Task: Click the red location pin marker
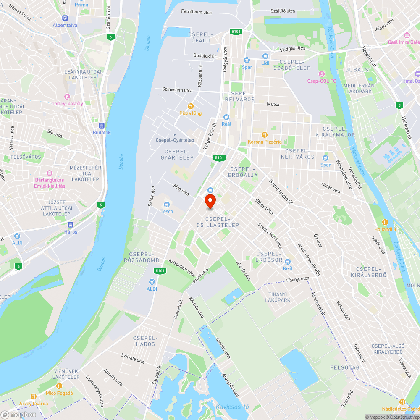tap(210, 201)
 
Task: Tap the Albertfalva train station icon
tap(65, 18)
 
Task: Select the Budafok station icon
tap(101, 126)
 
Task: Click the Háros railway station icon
tap(71, 225)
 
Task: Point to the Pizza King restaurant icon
tap(191, 106)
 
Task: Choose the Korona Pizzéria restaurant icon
tap(265, 135)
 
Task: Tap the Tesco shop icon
tap(167, 205)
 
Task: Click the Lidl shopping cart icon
tap(265, 56)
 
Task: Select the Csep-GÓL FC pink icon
tap(322, 74)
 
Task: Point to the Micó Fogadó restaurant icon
tap(59, 386)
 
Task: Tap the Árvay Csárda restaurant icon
tap(34, 396)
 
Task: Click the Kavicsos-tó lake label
tap(232, 407)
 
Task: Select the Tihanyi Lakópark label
tap(278, 297)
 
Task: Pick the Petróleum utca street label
tap(196, 12)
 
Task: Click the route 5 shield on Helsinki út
tap(398, 105)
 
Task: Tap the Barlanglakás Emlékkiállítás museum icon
tap(50, 173)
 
